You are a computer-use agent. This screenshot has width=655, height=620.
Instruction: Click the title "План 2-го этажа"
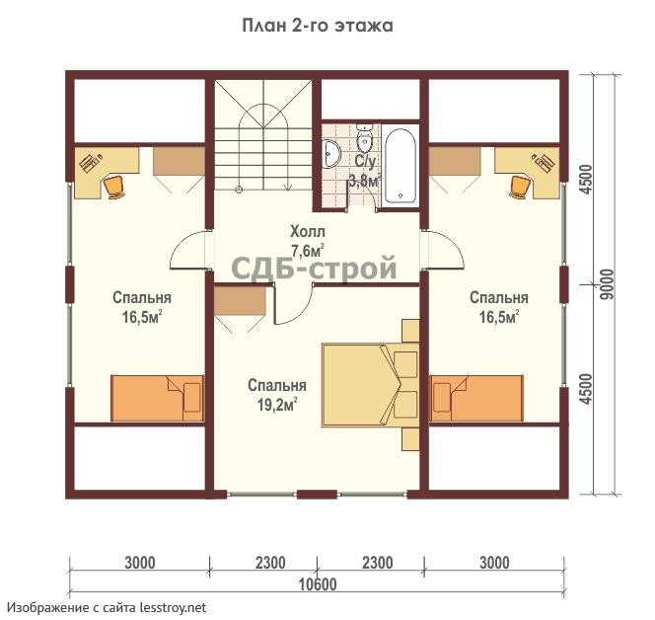coord(318,26)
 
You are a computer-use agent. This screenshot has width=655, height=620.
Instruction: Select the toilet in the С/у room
coord(365,138)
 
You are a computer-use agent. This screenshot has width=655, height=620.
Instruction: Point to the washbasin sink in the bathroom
coord(332,153)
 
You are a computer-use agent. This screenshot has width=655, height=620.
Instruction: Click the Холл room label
coord(308,231)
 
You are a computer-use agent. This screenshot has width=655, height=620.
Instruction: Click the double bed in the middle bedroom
coord(371,385)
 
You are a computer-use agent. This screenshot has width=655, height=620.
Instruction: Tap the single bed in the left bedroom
coord(157,398)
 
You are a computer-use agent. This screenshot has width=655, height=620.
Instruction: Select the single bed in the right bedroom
coord(476,398)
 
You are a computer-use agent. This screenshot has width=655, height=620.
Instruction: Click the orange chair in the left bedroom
coord(113,186)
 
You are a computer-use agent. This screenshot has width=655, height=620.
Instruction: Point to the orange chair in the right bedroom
coord(519,186)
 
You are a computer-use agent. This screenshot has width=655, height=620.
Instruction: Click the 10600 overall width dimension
coord(318,584)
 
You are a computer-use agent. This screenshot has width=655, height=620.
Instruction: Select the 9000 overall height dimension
coord(610,284)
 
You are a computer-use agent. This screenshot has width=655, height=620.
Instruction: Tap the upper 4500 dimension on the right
coord(587,180)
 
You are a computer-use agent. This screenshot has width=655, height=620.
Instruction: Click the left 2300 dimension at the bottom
coord(270,563)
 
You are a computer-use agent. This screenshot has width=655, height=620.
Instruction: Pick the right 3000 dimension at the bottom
coord(494,563)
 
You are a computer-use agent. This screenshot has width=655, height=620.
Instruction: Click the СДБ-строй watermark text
coord(314,268)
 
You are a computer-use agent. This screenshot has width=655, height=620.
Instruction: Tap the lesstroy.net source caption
coord(108,607)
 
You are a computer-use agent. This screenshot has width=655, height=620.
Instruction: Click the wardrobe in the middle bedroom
coord(240,301)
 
